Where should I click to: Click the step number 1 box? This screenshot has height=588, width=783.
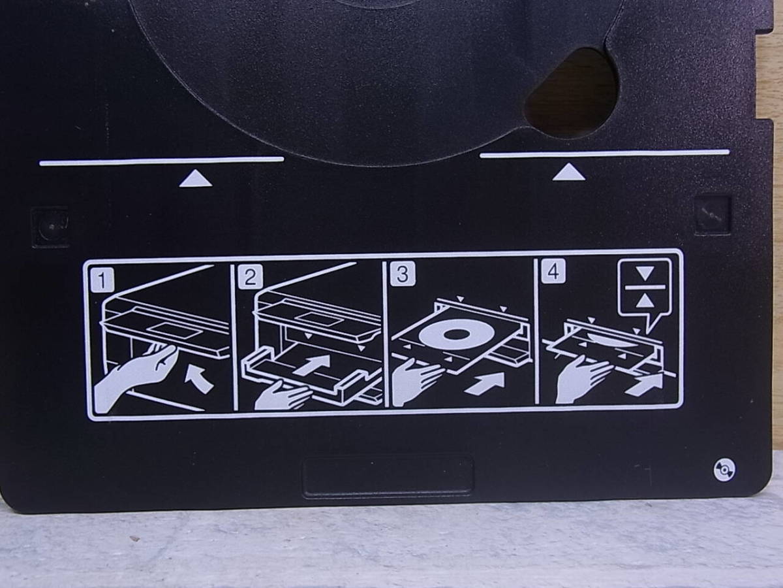point(102,280)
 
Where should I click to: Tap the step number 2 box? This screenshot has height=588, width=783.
point(250,276)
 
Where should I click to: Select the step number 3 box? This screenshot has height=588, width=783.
point(403,274)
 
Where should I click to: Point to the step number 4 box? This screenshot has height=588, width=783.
point(553,271)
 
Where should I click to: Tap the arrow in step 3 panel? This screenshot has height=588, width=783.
point(486,384)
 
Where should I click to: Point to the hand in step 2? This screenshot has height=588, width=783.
point(282,395)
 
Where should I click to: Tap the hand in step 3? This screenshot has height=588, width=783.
point(416,382)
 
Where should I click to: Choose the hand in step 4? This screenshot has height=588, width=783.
point(581,378)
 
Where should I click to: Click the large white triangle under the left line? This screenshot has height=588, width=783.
point(196,178)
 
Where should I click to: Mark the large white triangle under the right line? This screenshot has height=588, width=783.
point(568,172)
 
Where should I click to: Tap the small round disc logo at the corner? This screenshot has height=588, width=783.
point(724,470)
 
